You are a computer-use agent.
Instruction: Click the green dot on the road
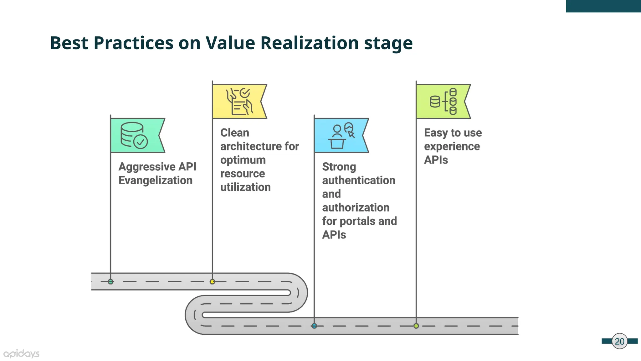110,282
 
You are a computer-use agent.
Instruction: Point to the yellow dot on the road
213,282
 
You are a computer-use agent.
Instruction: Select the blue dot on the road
314,326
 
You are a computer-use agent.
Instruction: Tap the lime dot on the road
416,326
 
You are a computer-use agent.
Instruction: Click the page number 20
619,341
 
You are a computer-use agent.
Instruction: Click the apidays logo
21,354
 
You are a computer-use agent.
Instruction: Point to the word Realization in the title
310,43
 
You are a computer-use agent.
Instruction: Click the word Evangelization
155,180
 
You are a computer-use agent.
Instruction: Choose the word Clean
235,133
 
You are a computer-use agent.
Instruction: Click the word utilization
245,187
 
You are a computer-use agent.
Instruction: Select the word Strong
339,167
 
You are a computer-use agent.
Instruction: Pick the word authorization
356,207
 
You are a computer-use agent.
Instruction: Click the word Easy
435,133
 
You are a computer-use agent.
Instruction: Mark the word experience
452,146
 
